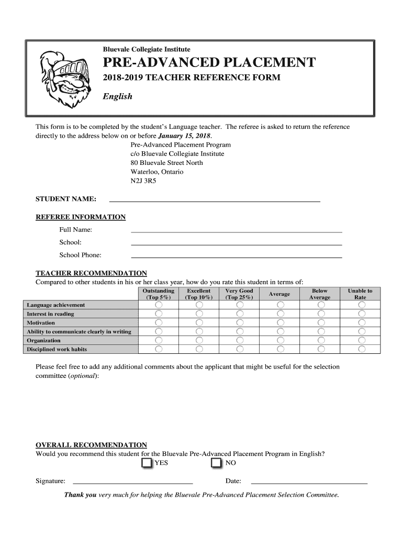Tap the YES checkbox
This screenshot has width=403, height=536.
click(x=147, y=463)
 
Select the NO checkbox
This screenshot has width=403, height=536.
click(x=217, y=463)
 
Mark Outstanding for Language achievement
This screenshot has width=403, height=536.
click(x=159, y=305)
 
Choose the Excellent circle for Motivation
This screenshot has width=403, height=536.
click(x=199, y=323)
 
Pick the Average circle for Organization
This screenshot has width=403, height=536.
click(x=280, y=340)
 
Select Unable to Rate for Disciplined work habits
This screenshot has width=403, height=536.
click(x=362, y=349)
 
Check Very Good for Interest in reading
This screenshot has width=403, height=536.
click(x=239, y=314)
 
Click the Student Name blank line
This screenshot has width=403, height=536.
click(x=214, y=199)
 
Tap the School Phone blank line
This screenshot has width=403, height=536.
click(x=236, y=255)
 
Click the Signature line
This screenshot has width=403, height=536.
click(x=132, y=481)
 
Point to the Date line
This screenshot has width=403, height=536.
click(x=309, y=481)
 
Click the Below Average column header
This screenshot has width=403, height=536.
click(x=319, y=294)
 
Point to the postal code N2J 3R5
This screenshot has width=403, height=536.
click(x=143, y=181)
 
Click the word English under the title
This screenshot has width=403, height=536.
click(x=117, y=96)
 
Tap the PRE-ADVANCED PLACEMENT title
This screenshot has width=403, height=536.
click(x=209, y=63)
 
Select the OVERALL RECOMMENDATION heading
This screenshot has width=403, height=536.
click(x=91, y=445)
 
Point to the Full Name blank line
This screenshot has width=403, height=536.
click(x=236, y=230)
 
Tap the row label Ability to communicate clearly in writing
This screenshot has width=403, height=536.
click(x=79, y=332)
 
